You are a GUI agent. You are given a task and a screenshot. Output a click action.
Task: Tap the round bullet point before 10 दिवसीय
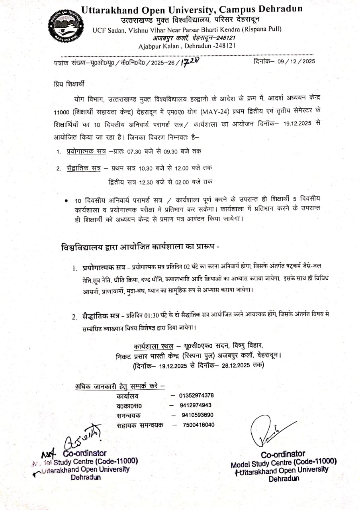pyautogui.click(x=66, y=200)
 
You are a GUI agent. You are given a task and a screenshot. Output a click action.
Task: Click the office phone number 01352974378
pyautogui.click(x=196, y=396)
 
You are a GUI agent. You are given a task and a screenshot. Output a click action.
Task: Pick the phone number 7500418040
pyautogui.click(x=199, y=425)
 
